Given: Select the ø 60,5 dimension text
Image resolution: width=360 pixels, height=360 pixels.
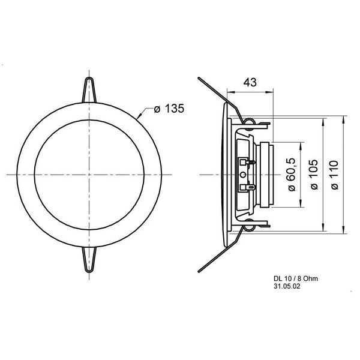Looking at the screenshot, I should coord(292,175).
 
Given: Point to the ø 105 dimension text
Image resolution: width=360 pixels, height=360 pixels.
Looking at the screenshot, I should coord(314,175).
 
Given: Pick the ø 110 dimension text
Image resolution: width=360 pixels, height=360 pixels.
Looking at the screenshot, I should coord(335,175).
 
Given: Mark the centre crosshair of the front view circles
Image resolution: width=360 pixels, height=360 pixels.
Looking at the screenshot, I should coord(89,175).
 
